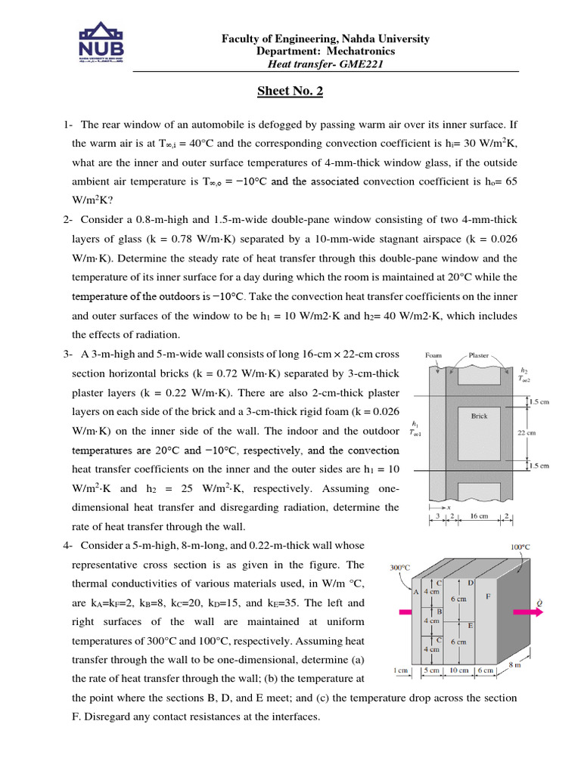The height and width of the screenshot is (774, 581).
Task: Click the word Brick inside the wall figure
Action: [x=479, y=416]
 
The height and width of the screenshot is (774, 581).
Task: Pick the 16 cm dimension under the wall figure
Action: [x=480, y=516]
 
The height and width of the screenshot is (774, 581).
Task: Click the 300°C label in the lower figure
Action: [x=399, y=567]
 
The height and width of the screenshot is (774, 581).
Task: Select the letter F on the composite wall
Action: [x=488, y=596]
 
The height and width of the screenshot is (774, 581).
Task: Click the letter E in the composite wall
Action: [x=471, y=625]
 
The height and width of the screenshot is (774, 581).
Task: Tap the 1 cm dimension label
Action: [x=401, y=670]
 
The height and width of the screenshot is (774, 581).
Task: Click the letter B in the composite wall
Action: [x=439, y=611]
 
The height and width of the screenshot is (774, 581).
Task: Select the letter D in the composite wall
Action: [x=471, y=583]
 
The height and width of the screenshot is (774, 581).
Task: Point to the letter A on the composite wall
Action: [x=415, y=592]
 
